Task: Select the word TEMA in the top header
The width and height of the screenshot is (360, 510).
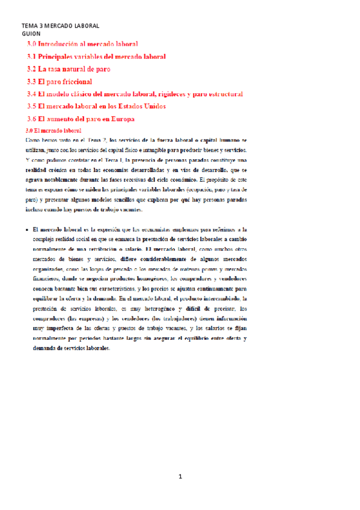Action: [29, 26]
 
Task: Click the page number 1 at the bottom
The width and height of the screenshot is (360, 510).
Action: [180, 477]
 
